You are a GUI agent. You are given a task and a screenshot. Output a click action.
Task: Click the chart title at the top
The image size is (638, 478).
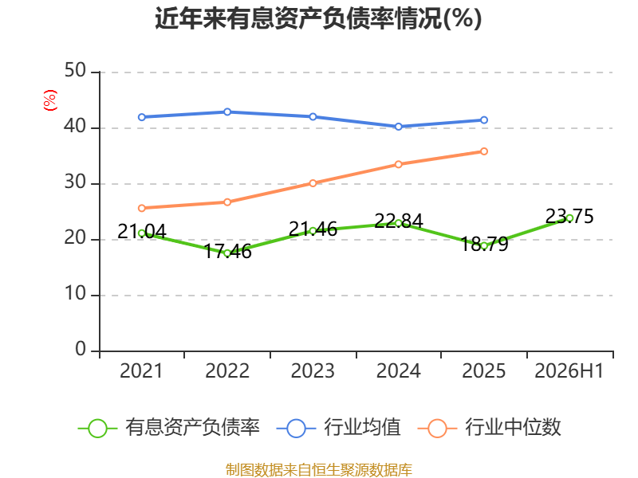click(x=318, y=18)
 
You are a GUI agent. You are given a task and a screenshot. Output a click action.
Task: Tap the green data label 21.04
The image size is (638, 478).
click(x=142, y=231)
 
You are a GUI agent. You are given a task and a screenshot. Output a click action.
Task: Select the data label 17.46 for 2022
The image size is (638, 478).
click(x=227, y=252)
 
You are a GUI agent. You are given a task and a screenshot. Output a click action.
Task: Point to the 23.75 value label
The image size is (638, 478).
click(x=569, y=216)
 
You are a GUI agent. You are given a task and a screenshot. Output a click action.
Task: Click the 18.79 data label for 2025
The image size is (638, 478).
click(x=484, y=244)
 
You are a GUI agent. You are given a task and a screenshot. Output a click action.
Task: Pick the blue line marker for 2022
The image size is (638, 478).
click(x=227, y=112)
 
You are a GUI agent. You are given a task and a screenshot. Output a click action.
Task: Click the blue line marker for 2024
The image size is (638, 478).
click(x=398, y=127)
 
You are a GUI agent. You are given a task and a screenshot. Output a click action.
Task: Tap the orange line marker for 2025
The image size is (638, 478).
click(x=484, y=151)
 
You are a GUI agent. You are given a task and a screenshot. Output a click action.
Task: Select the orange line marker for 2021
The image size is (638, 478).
click(x=142, y=208)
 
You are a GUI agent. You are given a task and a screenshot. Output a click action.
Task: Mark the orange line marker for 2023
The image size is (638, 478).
click(x=313, y=183)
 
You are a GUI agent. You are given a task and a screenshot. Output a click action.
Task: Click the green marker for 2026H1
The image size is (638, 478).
click(x=569, y=218)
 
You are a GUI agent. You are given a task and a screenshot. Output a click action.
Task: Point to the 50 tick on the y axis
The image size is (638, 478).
click(x=75, y=71)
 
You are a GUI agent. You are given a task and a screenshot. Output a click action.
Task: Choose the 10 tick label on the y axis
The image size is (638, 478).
click(x=75, y=293)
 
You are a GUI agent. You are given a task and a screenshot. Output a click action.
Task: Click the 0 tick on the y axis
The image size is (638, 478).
click(x=81, y=349)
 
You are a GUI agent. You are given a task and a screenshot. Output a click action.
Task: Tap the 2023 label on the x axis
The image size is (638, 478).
click(x=313, y=370)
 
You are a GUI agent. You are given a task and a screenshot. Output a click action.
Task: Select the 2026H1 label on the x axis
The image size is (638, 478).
click(x=569, y=370)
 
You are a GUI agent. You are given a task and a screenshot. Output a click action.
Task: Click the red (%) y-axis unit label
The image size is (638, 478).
click(x=50, y=100)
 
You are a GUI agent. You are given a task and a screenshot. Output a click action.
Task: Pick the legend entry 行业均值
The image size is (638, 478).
click(x=338, y=428)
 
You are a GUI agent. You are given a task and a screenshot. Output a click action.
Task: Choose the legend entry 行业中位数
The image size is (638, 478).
click(x=490, y=428)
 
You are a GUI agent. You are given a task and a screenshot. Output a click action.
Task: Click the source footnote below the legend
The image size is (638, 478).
click(x=318, y=470)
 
